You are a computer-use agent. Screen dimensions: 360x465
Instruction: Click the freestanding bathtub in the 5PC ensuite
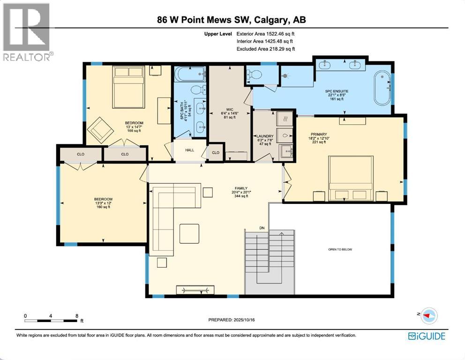[382, 88]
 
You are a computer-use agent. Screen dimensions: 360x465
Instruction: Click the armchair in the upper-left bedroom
[99, 128]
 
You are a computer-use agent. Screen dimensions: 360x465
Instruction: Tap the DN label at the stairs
[262, 228]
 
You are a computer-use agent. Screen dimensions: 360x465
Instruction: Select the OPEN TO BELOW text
[340, 249]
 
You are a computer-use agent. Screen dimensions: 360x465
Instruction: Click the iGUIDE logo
[426, 336]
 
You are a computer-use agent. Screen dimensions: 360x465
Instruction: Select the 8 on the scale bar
[77, 315]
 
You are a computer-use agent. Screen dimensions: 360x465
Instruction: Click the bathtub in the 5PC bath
[190, 74]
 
